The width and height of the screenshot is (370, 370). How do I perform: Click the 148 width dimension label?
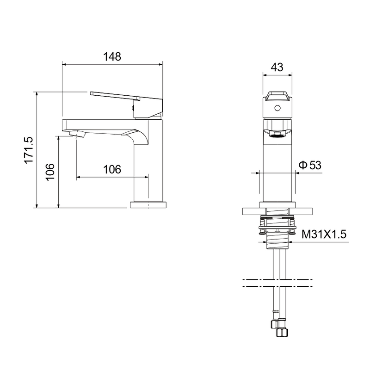click(112, 56)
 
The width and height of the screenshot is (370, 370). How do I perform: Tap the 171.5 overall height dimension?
click(29, 150)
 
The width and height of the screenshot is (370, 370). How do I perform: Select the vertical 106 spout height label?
click(50, 172)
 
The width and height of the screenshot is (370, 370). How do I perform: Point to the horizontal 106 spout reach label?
click(112, 169)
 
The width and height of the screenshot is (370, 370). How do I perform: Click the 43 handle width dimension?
click(277, 67)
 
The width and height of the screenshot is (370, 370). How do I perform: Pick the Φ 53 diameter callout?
click(310, 165)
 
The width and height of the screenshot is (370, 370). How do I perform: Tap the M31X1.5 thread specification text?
click(324, 234)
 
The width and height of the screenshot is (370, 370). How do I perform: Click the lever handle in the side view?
click(127, 105)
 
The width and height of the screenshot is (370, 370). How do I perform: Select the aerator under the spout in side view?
click(77, 134)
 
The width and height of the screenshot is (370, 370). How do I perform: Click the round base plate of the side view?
click(148, 205)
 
